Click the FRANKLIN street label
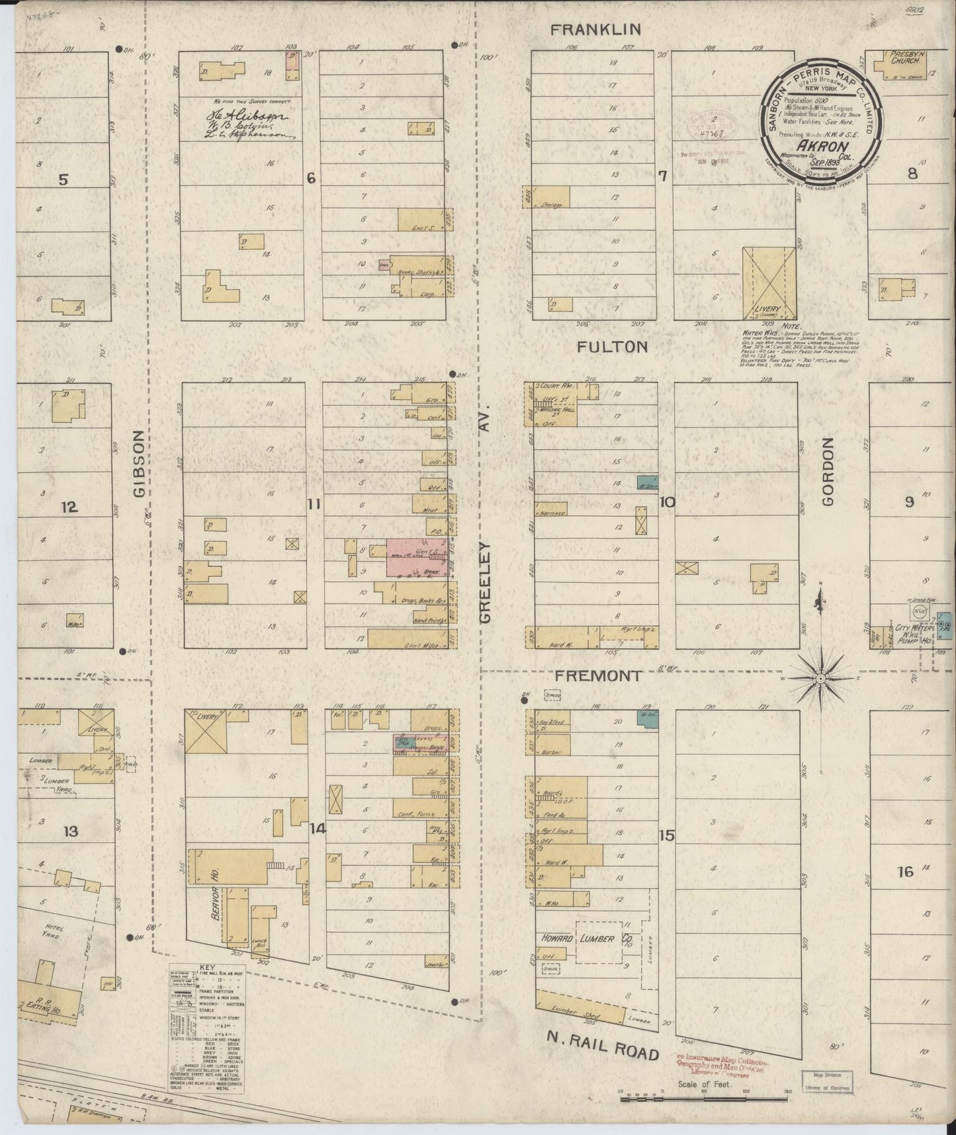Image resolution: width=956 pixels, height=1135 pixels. point(596,30)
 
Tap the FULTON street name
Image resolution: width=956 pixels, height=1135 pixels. point(611,347)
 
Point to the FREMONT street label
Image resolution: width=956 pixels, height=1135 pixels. point(597,676)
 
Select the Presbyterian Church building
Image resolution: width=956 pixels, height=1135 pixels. point(900,65)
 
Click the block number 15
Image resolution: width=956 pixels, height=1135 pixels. point(666,836)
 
